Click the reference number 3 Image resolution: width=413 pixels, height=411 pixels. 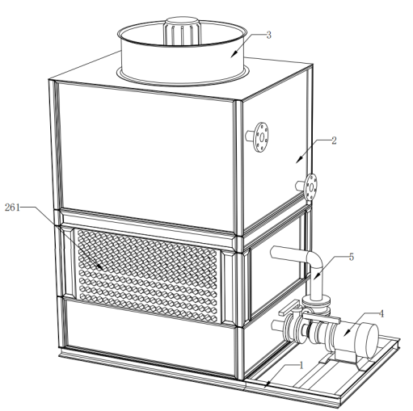[268, 35]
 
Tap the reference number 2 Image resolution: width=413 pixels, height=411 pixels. [334, 140]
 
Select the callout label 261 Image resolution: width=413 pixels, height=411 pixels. [12, 208]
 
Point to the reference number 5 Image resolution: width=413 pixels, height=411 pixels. [352, 257]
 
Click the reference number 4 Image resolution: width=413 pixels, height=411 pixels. [381, 313]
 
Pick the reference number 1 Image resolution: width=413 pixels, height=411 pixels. [301, 365]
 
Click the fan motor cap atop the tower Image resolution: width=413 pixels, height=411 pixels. [183, 30]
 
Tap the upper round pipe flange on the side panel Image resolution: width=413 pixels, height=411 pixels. [261, 136]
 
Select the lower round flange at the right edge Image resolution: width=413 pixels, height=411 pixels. [311, 187]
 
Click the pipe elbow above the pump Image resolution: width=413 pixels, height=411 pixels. [314, 260]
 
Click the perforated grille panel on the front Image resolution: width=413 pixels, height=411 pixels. [147, 276]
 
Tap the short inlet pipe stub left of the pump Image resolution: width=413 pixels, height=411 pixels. [277, 325]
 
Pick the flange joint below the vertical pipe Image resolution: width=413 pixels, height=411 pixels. [316, 304]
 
